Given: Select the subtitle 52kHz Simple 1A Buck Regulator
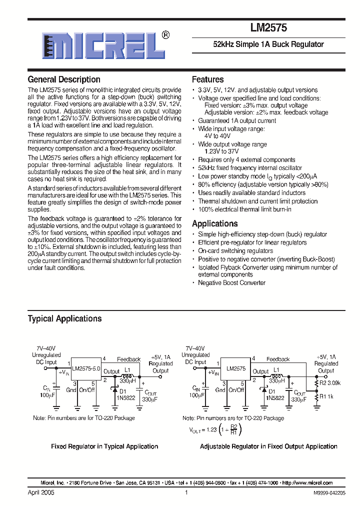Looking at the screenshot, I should [268, 44].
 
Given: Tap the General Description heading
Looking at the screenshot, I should [63, 79].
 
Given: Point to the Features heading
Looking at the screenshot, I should [207, 79].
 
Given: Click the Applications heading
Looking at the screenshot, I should [214, 223].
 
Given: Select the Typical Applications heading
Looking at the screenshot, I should [64, 318].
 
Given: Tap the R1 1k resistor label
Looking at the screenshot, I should [326, 396].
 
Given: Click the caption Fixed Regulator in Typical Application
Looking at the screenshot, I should [104, 446].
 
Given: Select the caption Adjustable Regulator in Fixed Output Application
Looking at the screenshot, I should [268, 446].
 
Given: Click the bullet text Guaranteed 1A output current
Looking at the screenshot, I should [236, 120].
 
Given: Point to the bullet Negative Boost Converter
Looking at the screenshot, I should [232, 283].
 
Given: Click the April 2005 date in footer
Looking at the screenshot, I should [41, 492].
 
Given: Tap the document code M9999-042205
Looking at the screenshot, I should [329, 493].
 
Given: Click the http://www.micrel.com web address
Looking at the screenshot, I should [307, 483].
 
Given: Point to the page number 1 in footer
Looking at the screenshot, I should [186, 492].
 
